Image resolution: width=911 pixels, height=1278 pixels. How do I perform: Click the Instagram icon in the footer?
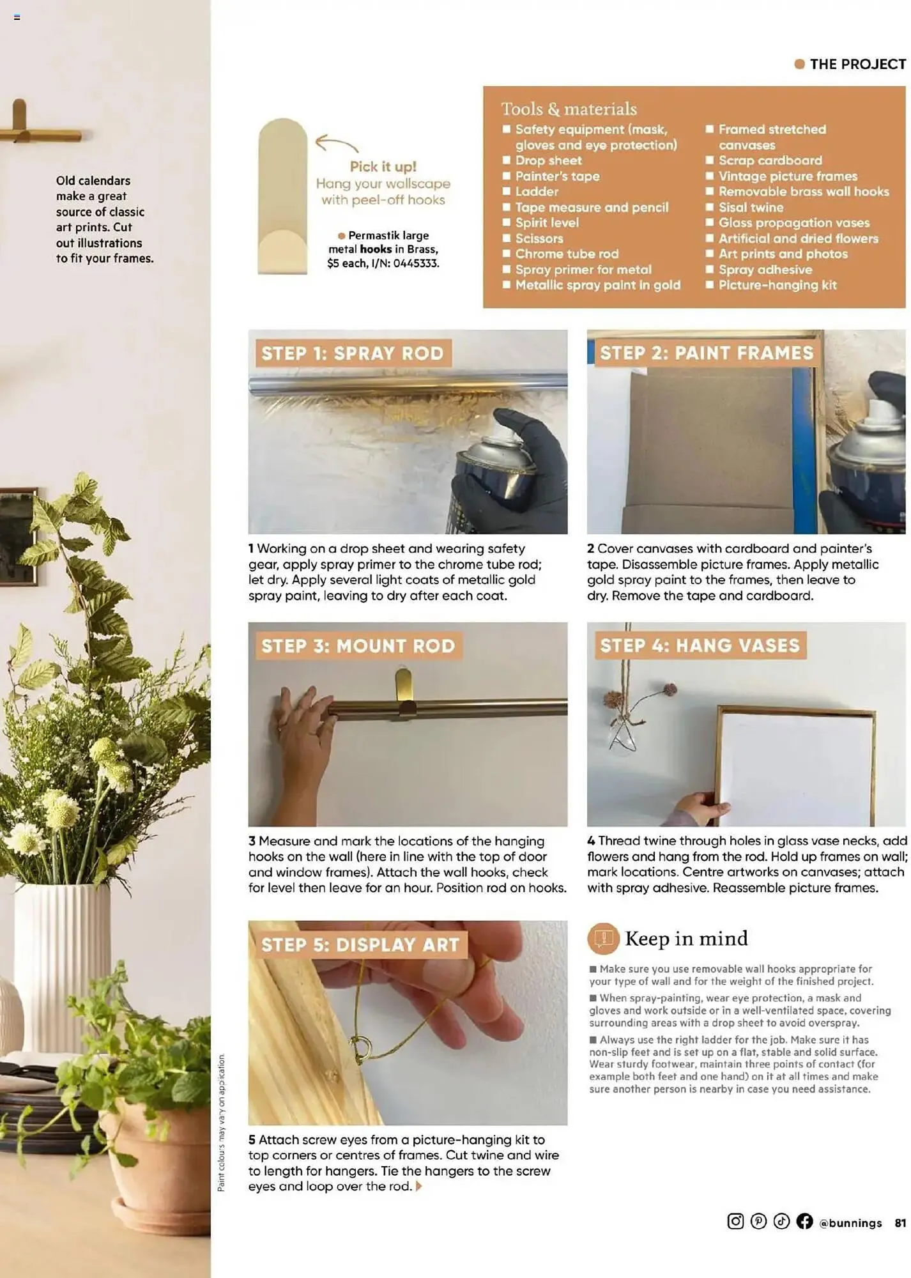pyautogui.click(x=735, y=1221)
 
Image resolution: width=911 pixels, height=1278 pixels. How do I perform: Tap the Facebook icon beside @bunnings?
pyautogui.click(x=804, y=1221)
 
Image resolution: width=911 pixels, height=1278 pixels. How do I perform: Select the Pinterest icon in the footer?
pyautogui.click(x=758, y=1221)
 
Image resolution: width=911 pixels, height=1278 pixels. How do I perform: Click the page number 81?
pyautogui.click(x=900, y=1222)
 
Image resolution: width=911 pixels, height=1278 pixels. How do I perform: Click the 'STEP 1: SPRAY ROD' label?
pyautogui.click(x=353, y=353)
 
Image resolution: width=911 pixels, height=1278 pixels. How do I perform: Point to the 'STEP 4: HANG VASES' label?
pyautogui.click(x=700, y=645)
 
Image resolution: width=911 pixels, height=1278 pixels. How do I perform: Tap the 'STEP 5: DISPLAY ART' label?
pyautogui.click(x=360, y=944)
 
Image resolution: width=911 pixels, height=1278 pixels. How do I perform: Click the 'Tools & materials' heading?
pyautogui.click(x=569, y=109)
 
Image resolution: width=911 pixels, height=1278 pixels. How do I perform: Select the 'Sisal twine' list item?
pyautogui.click(x=751, y=207)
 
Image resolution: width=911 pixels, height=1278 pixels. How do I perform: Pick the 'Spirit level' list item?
pyautogui.click(x=547, y=222)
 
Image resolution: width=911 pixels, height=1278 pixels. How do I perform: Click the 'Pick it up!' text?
pyautogui.click(x=383, y=167)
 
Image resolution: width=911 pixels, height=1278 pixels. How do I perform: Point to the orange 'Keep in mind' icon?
pyautogui.click(x=603, y=938)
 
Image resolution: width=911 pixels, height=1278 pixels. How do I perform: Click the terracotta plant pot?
pyautogui.click(x=160, y=1163)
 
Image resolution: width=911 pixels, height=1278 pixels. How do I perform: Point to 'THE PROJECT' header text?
pyautogui.click(x=857, y=64)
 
